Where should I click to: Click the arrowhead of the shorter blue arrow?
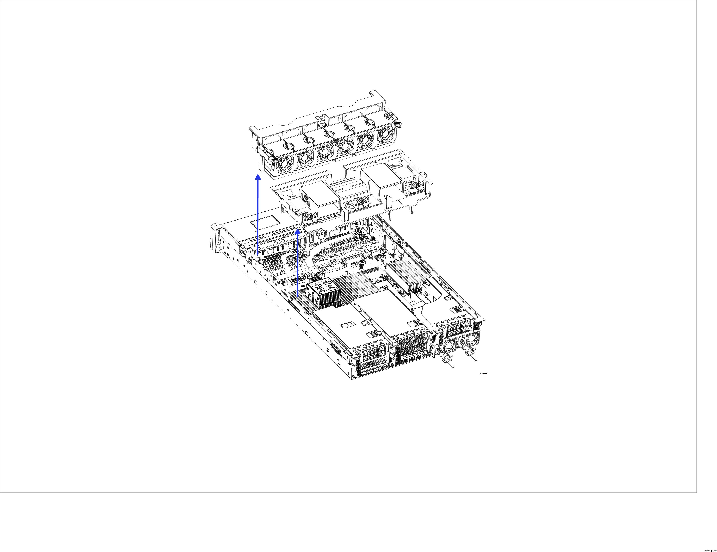tap(297, 232)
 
